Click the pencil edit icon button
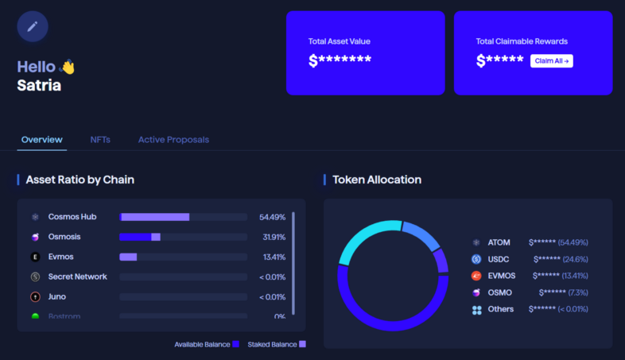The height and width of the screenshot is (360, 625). click(33, 26)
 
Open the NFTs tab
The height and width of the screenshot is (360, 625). click(100, 140)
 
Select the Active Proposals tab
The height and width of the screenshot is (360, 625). click(173, 140)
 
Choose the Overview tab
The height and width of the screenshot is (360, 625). click(42, 140)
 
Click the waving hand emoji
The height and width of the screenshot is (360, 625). click(68, 68)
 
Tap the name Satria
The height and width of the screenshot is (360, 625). click(39, 86)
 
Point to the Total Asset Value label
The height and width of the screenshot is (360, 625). click(340, 41)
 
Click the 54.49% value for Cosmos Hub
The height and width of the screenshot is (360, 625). click(272, 217)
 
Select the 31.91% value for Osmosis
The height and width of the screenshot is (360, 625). click(272, 237)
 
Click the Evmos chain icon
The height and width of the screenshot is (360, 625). click(35, 257)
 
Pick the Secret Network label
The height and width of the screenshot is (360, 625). click(77, 277)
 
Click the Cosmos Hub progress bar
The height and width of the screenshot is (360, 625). click(183, 217)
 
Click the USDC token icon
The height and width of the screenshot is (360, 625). click(476, 259)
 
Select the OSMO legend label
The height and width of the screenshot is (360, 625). click(500, 292)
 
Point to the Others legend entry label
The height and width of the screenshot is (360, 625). click(501, 309)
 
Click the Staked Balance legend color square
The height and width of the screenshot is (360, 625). click(302, 344)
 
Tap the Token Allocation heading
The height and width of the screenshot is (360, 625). click(377, 180)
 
